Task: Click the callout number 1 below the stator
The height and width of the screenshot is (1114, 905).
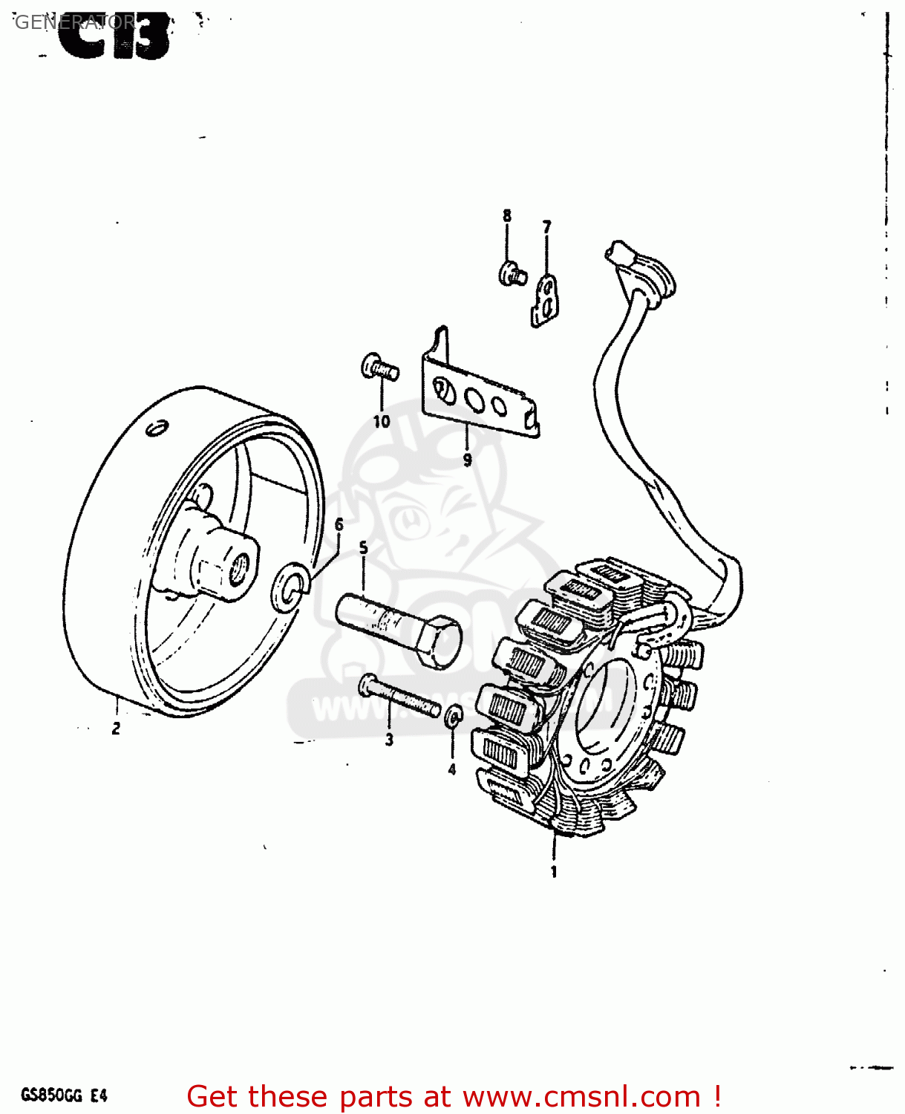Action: point(553,872)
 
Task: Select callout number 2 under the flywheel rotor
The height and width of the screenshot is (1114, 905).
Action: point(116,729)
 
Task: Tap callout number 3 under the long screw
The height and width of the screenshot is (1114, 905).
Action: point(389,740)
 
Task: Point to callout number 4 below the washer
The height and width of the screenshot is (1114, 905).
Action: point(451,770)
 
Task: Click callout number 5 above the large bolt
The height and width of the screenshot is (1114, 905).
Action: point(363,548)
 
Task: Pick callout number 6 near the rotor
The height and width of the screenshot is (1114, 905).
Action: point(339,525)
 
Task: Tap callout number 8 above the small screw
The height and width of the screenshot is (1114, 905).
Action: point(507,216)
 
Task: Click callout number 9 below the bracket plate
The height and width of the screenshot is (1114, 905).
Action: point(467,460)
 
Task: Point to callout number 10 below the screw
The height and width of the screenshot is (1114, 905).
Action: point(382,421)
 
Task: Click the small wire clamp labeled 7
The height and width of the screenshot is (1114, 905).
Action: point(546,299)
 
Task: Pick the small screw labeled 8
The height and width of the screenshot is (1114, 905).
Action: point(512,273)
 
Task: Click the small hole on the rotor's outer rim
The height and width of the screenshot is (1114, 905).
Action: point(157,429)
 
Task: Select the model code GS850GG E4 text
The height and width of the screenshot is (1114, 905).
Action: point(65,1095)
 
